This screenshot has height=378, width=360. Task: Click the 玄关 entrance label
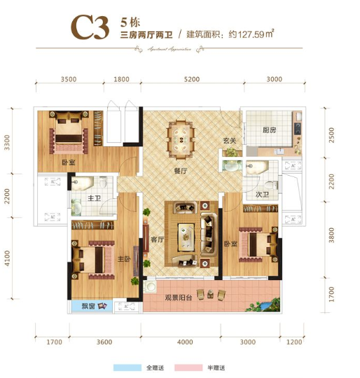tap(229, 141)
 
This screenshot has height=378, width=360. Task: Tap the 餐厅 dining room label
tap(181, 168)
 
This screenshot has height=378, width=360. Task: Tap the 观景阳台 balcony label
tap(179, 297)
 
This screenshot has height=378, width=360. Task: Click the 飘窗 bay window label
tap(88, 306)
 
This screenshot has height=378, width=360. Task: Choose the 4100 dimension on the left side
tap(8, 257)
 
